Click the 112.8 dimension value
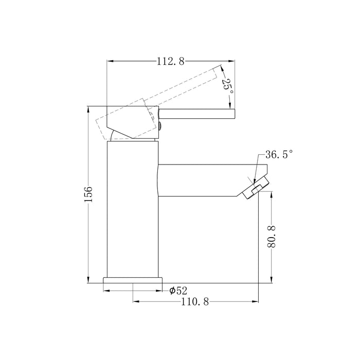coord(171,61)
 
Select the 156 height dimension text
coord(88,194)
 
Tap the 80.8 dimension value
coord(272,237)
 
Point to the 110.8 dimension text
coord(195,301)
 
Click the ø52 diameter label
coord(178,291)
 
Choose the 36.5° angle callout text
coord(279,154)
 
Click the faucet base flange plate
coord(133,280)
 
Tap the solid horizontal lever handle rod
coord(197,114)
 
